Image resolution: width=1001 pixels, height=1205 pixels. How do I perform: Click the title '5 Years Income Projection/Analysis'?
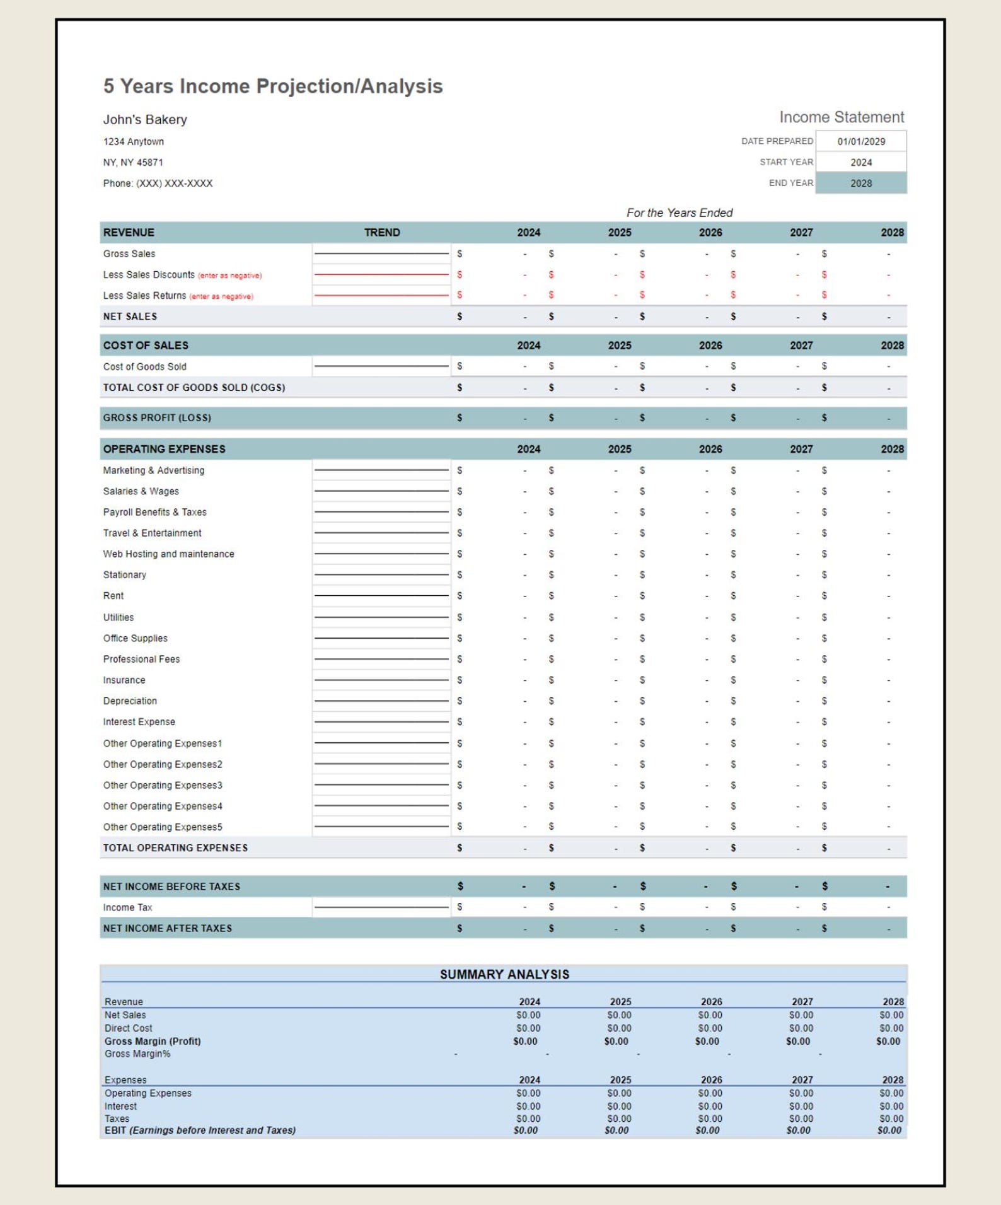[x=272, y=86]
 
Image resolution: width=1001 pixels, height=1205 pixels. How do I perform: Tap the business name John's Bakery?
[x=145, y=120]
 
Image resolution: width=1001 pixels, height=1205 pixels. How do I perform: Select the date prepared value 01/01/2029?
[x=860, y=141]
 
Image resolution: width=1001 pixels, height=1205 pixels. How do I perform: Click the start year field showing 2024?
[x=860, y=162]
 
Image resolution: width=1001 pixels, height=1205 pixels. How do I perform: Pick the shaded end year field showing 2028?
[x=860, y=183]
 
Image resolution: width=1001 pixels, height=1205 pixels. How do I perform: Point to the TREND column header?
[x=381, y=232]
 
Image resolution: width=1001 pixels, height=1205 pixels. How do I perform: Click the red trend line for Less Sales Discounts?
[x=381, y=274]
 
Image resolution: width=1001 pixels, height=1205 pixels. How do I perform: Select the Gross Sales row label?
[x=129, y=253]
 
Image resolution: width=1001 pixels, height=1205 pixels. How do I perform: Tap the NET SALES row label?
[x=130, y=316]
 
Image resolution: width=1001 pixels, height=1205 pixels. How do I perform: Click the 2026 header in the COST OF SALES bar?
[x=710, y=345]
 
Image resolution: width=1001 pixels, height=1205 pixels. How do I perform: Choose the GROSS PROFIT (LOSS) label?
[x=157, y=417]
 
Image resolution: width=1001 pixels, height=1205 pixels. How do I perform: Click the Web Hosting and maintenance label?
[x=168, y=554]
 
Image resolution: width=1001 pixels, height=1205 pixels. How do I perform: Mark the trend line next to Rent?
[x=381, y=595]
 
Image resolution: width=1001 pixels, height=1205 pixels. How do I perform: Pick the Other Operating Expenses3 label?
[x=163, y=785]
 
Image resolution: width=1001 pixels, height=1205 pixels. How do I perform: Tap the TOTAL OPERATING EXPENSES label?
[x=175, y=847]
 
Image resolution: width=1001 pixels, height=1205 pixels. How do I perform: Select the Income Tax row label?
[x=127, y=907]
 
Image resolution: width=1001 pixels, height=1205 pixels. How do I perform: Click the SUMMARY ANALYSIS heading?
[x=504, y=974]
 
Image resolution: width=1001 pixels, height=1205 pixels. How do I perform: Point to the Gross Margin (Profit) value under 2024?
[x=525, y=1041]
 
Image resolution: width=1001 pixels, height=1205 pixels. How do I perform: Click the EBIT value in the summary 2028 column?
[x=889, y=1130]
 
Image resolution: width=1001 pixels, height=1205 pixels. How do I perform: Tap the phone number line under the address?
[x=158, y=183]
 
